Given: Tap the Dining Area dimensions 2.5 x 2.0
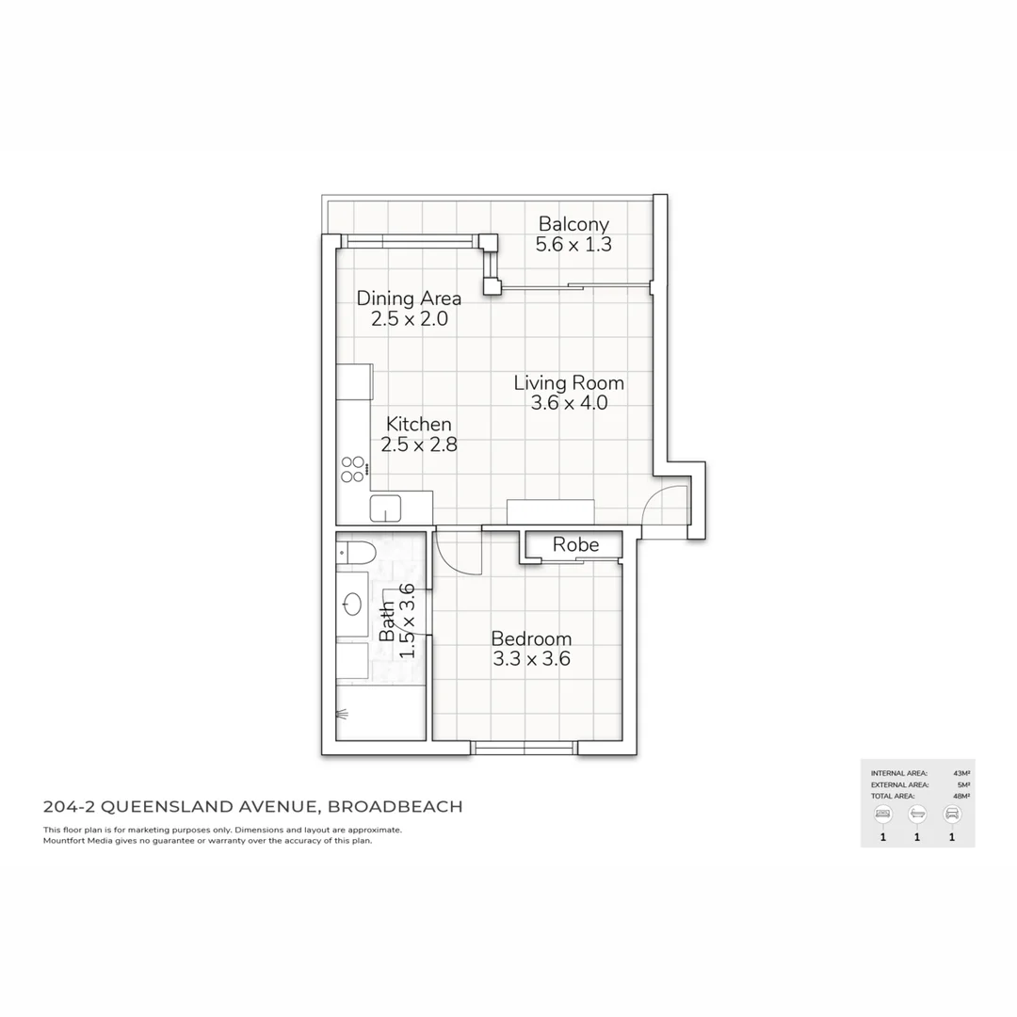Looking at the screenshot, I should (x=409, y=319).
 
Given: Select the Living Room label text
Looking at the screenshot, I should (x=569, y=383).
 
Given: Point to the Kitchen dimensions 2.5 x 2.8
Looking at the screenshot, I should (x=419, y=445).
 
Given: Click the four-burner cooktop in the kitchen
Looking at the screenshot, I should (x=353, y=470).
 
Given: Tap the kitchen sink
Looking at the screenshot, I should (x=385, y=508).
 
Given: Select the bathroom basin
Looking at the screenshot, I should (x=354, y=604).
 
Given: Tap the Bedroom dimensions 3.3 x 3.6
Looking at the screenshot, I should (x=531, y=659).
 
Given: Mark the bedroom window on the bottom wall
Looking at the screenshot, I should (x=524, y=748).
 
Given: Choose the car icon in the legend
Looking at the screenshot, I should (x=952, y=814).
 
